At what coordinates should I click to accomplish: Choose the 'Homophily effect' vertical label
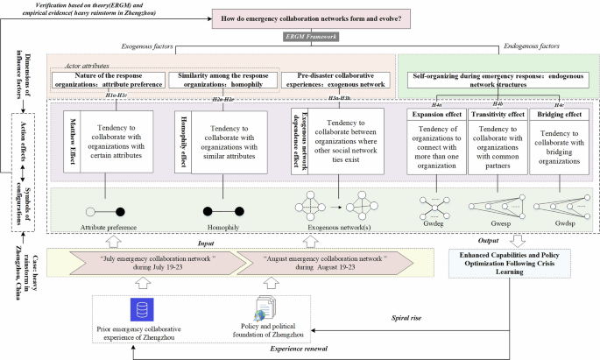[x=184, y=142]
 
